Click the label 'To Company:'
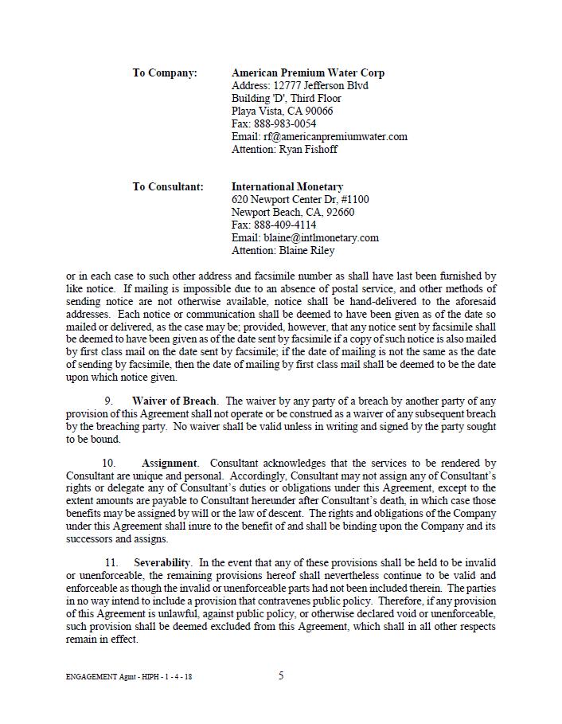pos(165,73)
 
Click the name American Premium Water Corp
pos(307,73)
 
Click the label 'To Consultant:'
pos(168,187)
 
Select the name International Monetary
pos(287,187)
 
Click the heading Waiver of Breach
pos(174,401)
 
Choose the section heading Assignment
pos(170,464)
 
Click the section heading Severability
pos(162,563)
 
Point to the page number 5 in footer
pos(281,676)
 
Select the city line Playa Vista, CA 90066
pos(282,112)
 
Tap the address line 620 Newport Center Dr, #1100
pos(300,200)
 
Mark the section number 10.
pos(109,464)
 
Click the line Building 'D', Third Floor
pos(286,99)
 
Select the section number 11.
pos(111,563)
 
